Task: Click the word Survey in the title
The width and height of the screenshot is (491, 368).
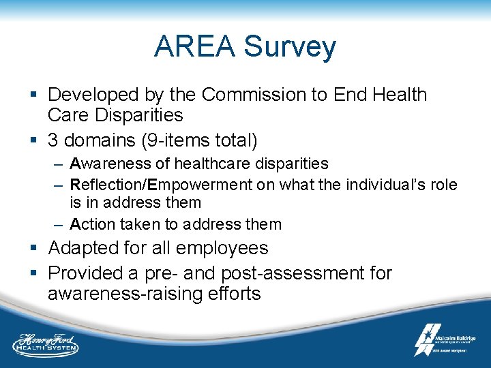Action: (x=290, y=47)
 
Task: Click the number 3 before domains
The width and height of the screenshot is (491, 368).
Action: (x=53, y=140)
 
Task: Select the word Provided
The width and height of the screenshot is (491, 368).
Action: (x=93, y=273)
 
